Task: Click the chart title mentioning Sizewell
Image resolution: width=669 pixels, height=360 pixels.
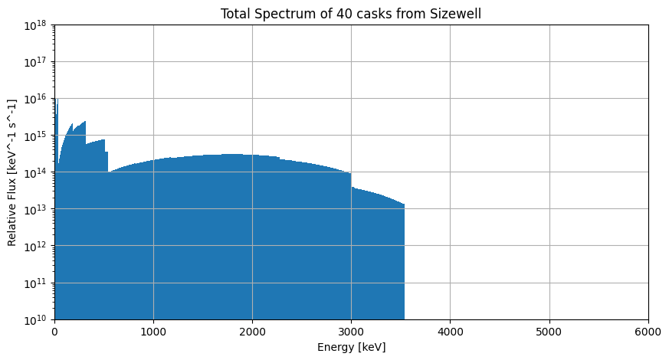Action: tap(351, 14)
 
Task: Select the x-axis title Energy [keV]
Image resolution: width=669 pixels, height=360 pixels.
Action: tap(351, 347)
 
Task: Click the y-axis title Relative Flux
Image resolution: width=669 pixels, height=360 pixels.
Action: tap(12, 172)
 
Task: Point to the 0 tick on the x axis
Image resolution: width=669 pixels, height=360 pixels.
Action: tap(54, 332)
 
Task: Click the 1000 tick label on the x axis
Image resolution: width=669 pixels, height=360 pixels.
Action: tap(153, 332)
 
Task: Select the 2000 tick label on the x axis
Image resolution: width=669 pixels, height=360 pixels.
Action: tap(252, 332)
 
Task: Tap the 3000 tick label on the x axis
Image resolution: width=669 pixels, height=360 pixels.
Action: tap(351, 332)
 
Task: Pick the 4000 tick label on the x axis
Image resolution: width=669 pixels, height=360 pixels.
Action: tap(450, 332)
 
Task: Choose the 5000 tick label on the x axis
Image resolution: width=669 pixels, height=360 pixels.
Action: tap(549, 332)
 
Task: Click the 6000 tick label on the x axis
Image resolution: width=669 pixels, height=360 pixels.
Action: tap(648, 332)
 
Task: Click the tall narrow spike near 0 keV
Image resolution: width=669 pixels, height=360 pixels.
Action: tap(56, 115)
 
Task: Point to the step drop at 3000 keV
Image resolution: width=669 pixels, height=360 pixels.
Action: tap(351, 180)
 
